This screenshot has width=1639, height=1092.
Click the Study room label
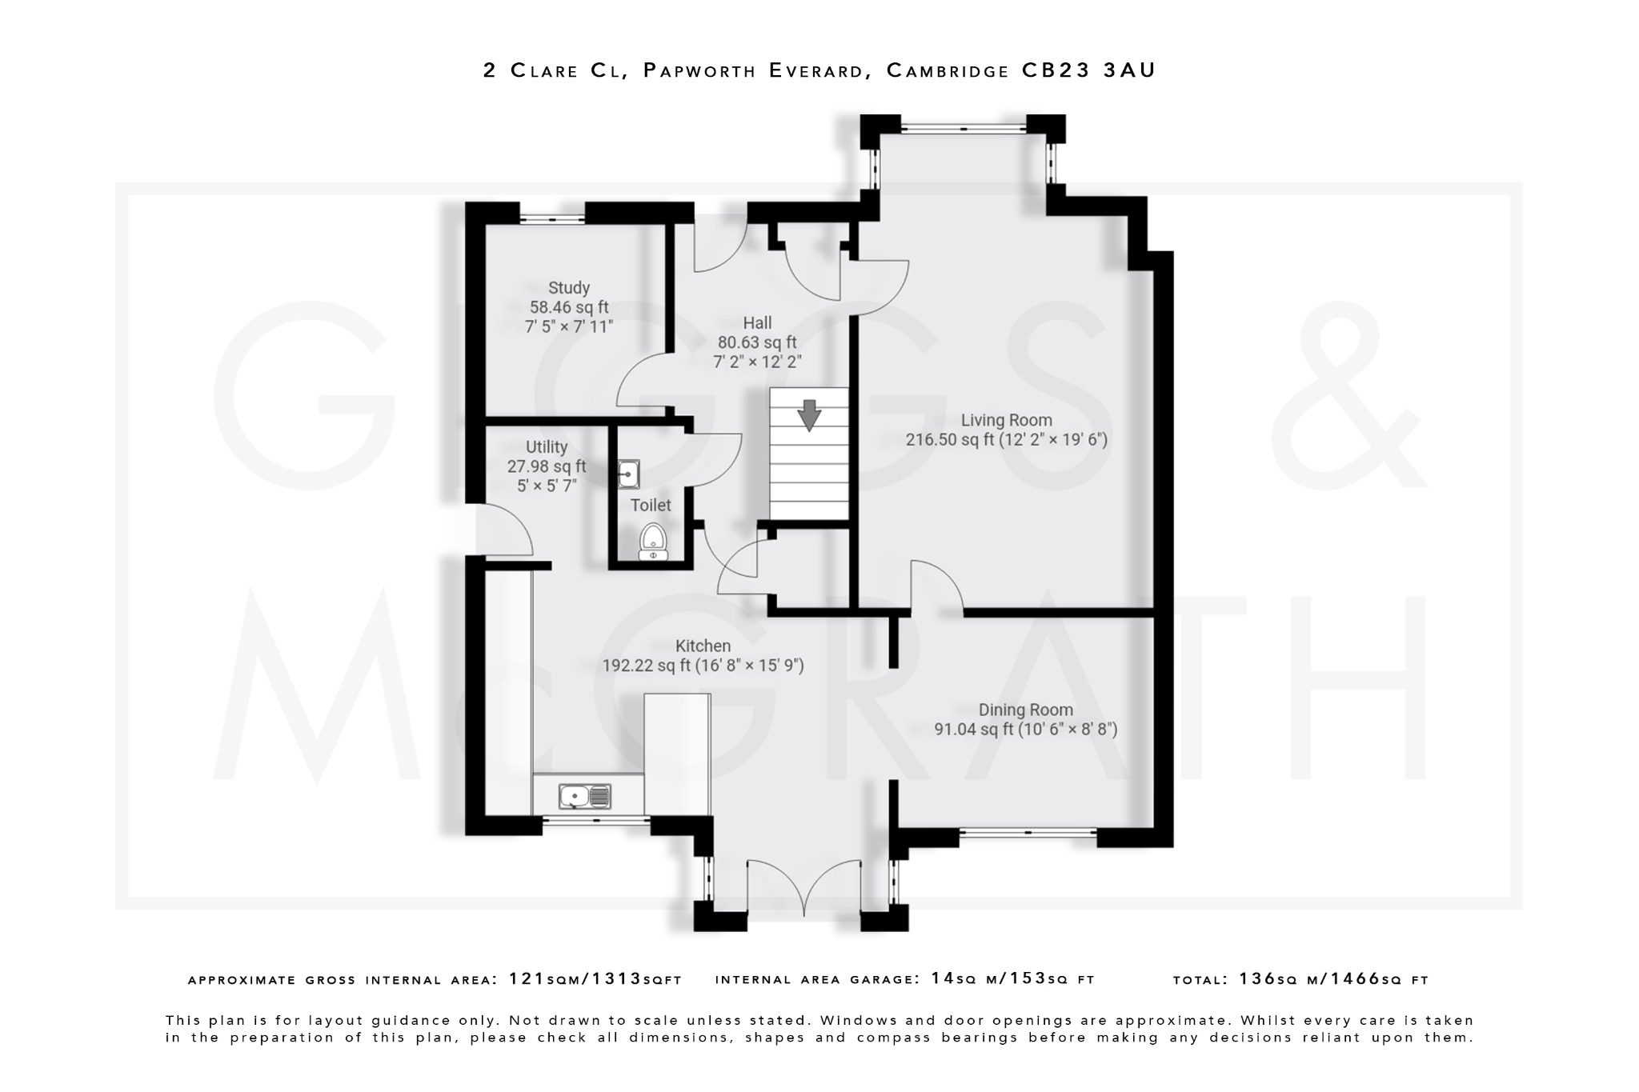click(x=569, y=288)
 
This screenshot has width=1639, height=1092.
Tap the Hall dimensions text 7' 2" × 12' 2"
click(x=756, y=362)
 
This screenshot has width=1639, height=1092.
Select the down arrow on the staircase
click(x=809, y=415)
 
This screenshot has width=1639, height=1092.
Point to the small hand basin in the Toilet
click(x=629, y=474)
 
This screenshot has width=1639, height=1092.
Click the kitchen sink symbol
click(x=585, y=796)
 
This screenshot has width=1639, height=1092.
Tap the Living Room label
click(x=1006, y=420)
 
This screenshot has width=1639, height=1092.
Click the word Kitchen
click(x=703, y=646)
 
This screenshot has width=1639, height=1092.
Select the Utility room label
click(x=547, y=447)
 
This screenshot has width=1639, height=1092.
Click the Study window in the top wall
click(x=552, y=217)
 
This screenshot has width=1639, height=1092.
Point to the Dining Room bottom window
click(x=1028, y=834)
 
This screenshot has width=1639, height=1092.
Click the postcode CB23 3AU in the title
click(x=1089, y=70)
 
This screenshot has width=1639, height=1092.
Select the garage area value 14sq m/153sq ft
click(x=1012, y=979)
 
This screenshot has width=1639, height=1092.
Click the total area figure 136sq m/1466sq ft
click(x=1333, y=979)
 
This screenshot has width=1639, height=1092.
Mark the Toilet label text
click(x=651, y=506)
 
